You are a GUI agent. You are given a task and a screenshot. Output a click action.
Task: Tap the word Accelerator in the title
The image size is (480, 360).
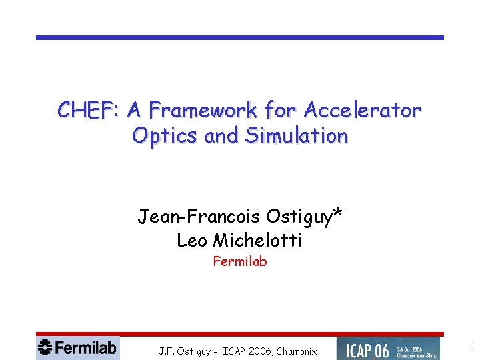pos(362,109)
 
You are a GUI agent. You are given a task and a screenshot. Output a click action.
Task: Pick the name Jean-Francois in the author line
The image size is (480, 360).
pos(199,217)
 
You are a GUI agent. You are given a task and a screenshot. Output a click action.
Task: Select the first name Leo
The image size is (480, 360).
pos(192,240)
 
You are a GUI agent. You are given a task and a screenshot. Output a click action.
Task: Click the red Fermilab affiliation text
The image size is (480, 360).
pos(240,261)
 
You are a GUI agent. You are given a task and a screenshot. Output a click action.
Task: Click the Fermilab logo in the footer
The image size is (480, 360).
pos(78,347)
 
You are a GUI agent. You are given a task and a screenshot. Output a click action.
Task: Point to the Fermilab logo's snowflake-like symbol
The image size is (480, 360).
pos(45,347)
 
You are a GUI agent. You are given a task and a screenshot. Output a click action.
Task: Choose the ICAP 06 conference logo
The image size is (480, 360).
pos(388,348)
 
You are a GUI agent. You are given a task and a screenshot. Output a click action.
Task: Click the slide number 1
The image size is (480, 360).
pos(473,348)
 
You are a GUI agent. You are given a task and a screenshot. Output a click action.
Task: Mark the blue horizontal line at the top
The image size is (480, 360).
pos(240,37)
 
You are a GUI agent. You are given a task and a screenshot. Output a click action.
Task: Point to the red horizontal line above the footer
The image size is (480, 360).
pos(240,334)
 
